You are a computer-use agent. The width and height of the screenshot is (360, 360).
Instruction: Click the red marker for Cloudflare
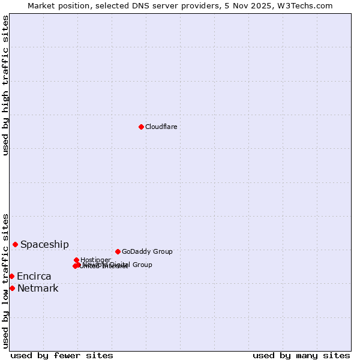tap(141, 127)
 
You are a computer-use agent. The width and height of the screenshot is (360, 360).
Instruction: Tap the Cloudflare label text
tap(161, 127)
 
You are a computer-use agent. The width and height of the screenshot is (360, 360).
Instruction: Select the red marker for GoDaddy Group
tap(118, 251)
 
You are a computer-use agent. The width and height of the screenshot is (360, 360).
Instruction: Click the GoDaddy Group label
tap(147, 251)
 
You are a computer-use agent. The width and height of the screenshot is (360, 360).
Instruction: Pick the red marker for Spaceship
tap(15, 244)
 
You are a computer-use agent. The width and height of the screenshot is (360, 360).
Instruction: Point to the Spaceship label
tap(44, 244)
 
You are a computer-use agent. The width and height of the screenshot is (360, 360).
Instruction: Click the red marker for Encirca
tap(11, 276)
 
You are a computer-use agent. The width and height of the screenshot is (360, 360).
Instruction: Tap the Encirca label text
tap(34, 276)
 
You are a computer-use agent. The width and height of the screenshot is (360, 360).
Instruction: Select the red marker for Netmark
tap(12, 288)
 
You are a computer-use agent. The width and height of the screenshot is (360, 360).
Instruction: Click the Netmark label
tap(38, 288)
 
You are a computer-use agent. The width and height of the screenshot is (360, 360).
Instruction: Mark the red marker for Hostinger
tap(76, 260)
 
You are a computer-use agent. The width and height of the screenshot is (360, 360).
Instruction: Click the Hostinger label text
tap(95, 260)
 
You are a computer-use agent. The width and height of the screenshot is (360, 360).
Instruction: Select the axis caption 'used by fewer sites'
tap(62, 355)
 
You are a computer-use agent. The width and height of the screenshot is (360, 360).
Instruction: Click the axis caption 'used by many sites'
tap(301, 355)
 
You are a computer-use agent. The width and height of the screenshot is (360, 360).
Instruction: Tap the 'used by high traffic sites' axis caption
tap(5, 85)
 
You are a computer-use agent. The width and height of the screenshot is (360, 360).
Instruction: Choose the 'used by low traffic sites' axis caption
tap(5, 280)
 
